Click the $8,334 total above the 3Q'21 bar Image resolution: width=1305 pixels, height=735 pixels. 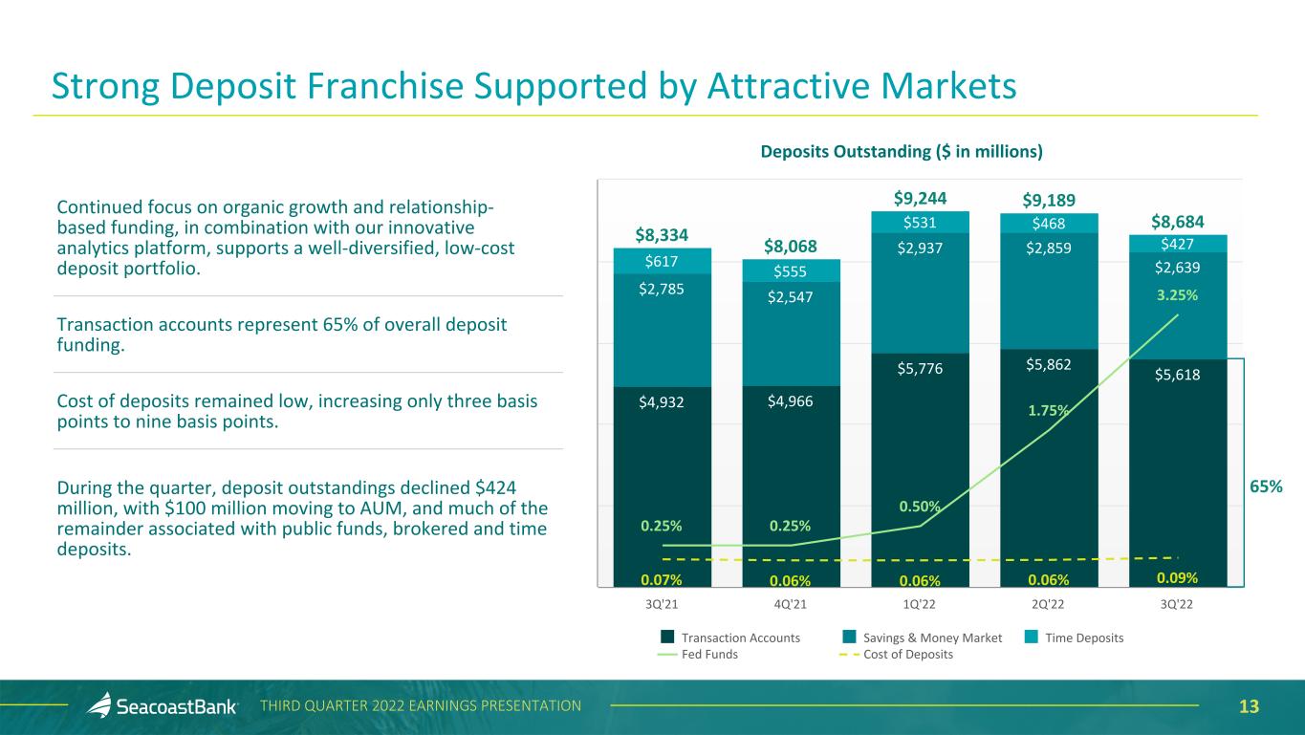662,233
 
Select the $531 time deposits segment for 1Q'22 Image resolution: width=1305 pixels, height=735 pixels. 920,223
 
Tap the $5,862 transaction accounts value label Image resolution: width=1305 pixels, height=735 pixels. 1049,364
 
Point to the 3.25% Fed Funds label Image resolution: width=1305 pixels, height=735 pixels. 1178,295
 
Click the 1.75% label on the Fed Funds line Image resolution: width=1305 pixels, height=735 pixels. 1048,410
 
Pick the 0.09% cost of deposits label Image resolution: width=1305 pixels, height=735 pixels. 1178,577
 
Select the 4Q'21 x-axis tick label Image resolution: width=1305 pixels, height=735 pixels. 791,604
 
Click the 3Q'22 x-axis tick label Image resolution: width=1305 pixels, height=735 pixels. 1178,604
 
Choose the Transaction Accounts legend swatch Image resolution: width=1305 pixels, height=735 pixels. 668,638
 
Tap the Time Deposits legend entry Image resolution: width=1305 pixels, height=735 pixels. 1079,638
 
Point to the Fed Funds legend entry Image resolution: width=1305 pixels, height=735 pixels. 698,655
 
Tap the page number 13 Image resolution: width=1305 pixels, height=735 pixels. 1249,706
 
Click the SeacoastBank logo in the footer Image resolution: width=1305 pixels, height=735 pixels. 163,706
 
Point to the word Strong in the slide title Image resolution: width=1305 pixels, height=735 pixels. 106,87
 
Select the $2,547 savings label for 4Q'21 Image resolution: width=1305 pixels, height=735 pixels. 791,298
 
